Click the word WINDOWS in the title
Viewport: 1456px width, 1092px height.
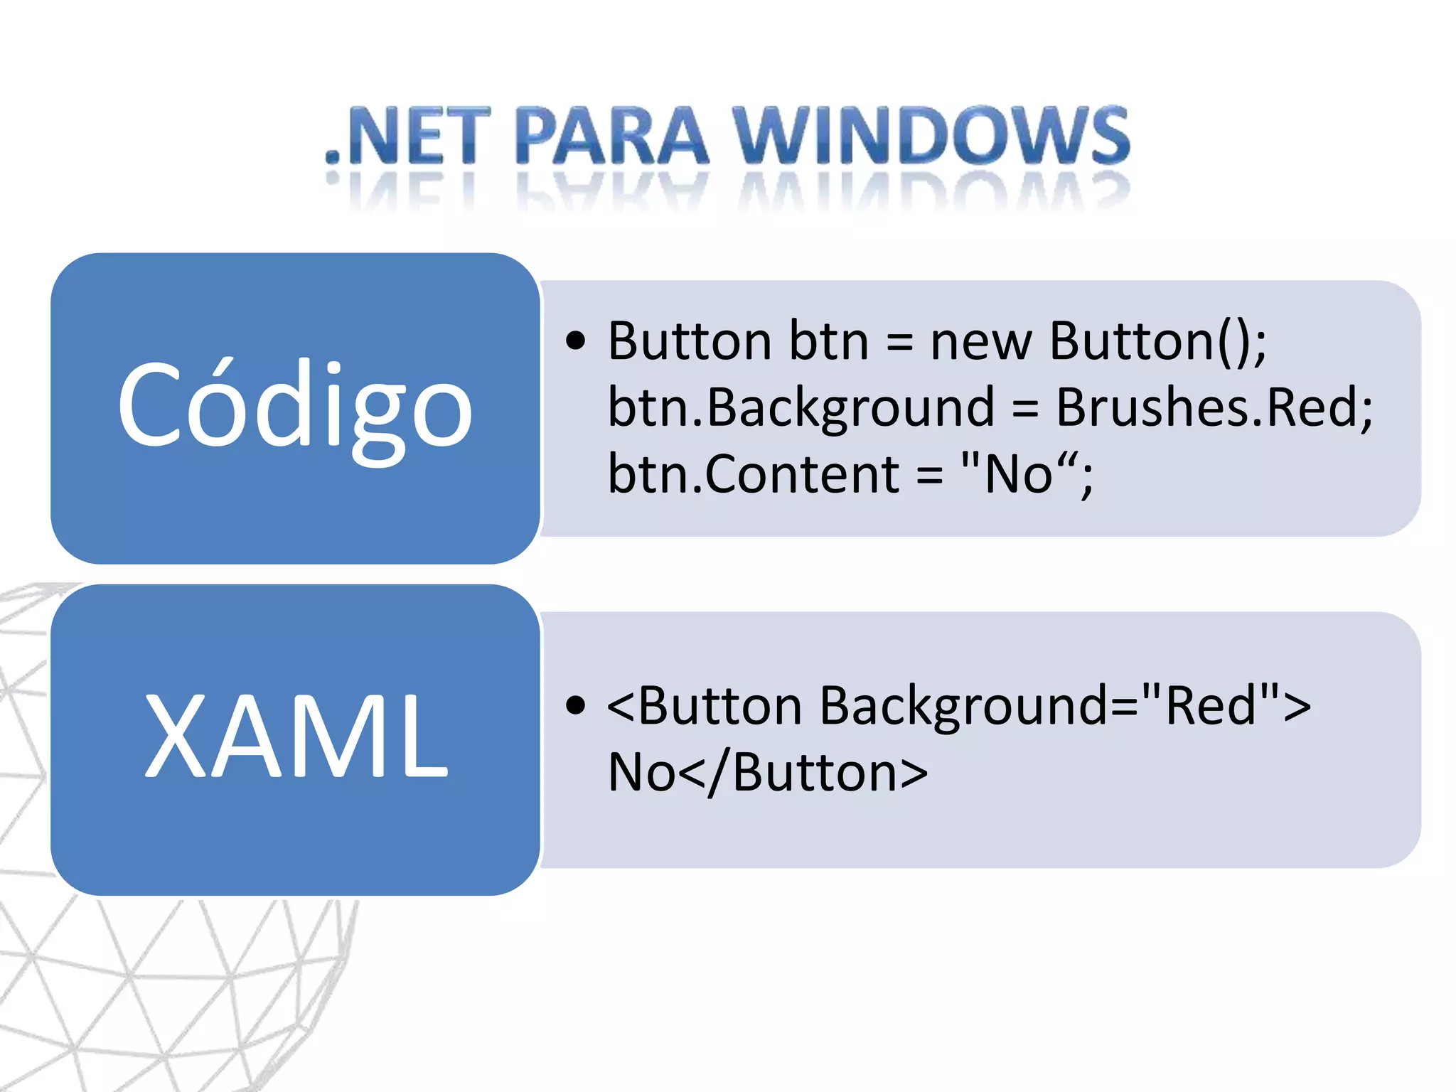(931, 135)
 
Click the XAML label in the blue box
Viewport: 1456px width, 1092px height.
(295, 736)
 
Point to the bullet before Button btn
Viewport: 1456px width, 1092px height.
(576, 341)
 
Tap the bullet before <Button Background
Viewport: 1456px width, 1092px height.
(576, 705)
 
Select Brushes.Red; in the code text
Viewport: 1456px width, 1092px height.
(1214, 408)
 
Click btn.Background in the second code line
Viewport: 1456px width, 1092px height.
(801, 408)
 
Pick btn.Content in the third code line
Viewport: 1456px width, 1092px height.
(754, 474)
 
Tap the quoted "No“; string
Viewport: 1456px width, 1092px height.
(1027, 474)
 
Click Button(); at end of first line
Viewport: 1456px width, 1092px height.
(1157, 341)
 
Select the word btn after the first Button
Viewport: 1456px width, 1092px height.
(829, 341)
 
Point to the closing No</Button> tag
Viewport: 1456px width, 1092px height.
(768, 772)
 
